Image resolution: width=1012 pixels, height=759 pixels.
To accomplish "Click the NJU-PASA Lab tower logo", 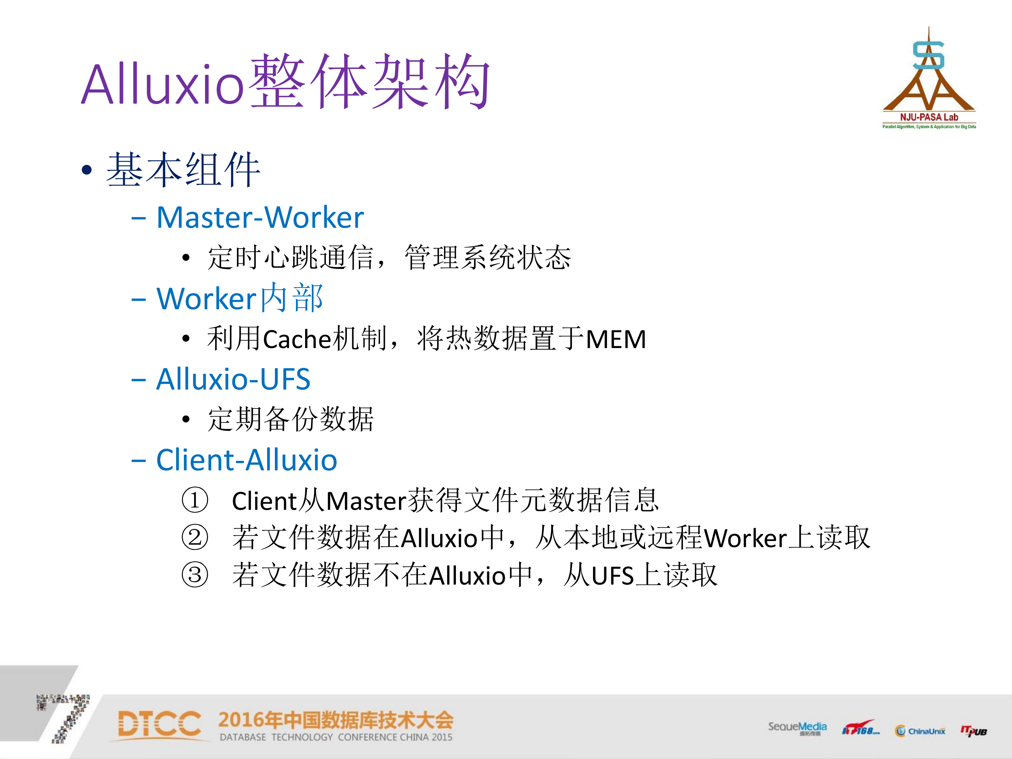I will [x=929, y=78].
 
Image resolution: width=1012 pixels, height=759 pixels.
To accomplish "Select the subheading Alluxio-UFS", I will [x=233, y=379].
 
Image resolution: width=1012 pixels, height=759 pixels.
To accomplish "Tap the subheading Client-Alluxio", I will [x=247, y=460].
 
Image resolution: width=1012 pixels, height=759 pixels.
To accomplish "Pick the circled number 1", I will [x=195, y=500].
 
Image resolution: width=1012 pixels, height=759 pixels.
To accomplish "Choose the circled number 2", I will [x=195, y=537].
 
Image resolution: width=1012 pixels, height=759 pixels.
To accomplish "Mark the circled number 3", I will [x=195, y=575].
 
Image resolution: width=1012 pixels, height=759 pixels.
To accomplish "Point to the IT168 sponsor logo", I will [x=860, y=728].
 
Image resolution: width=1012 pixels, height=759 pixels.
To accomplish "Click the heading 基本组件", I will [x=183, y=170].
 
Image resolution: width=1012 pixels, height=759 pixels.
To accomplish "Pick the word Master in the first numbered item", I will [x=366, y=501].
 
